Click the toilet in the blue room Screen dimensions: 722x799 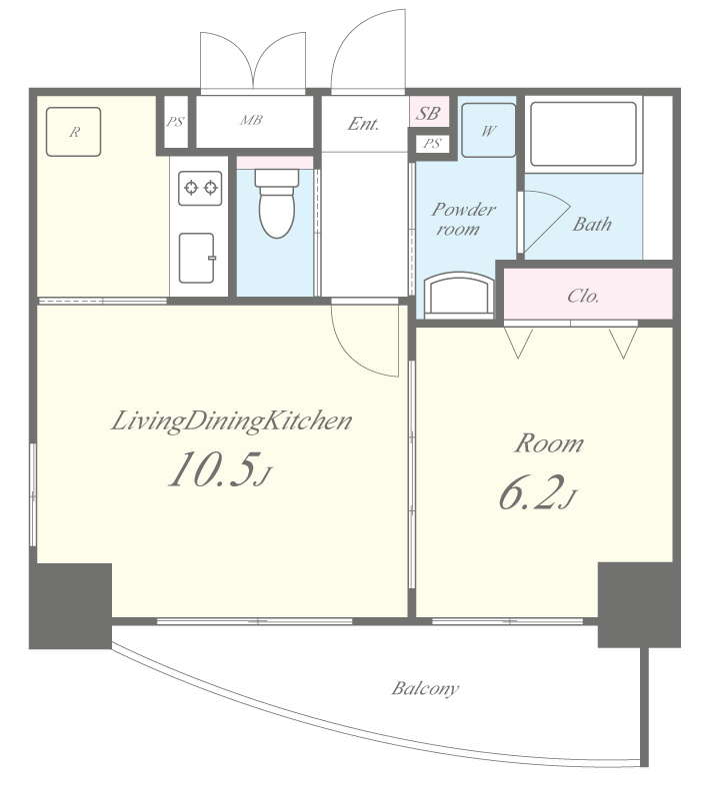(277, 204)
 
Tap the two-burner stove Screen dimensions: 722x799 (201, 188)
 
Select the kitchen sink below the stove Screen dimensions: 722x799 (197, 258)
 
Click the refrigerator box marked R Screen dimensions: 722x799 (73, 132)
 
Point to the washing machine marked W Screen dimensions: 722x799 (488, 131)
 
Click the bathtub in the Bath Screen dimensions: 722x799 (583, 134)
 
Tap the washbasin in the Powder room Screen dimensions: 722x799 (459, 294)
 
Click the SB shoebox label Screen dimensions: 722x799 (428, 113)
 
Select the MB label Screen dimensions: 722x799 (252, 120)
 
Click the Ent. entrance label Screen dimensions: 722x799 (363, 124)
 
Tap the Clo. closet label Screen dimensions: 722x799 (583, 296)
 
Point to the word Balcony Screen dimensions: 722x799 (425, 688)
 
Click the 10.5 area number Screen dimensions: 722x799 (212, 469)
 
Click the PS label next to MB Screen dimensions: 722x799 (175, 122)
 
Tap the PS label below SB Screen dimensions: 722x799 (432, 143)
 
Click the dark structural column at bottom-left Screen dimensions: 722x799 (70, 605)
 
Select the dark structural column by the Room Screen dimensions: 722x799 (639, 605)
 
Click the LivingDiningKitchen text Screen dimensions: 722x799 (232, 421)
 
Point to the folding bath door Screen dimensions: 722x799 (546, 222)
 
